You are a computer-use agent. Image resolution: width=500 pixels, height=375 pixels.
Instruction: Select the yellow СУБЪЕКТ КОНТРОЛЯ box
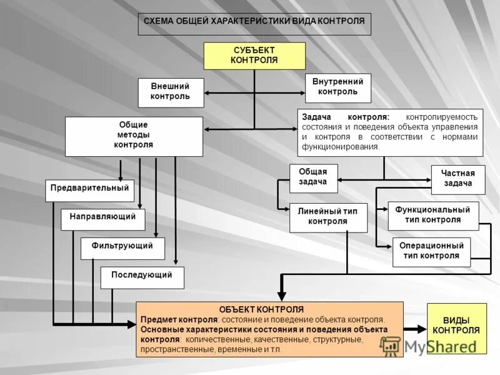point(254,56)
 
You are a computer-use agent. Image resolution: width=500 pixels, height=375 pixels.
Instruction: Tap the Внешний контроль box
point(170,92)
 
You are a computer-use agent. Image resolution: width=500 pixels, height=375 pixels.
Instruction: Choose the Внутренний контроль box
point(337,87)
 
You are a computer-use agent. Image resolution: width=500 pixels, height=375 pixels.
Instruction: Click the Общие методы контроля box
point(134,136)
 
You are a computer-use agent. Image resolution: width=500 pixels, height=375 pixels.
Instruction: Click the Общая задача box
point(313,178)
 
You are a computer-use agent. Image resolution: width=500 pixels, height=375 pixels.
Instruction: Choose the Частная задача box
point(458,179)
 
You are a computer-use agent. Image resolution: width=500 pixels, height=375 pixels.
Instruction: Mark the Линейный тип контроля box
point(327,217)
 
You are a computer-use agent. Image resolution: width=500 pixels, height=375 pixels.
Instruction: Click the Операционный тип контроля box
point(431,251)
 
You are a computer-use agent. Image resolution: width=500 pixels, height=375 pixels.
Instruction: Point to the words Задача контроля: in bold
point(346,117)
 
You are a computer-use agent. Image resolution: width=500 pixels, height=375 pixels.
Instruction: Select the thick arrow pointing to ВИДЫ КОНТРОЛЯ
point(414,329)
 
